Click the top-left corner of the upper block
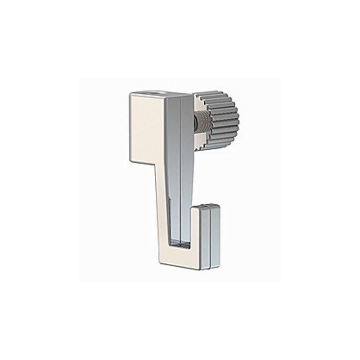131,92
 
